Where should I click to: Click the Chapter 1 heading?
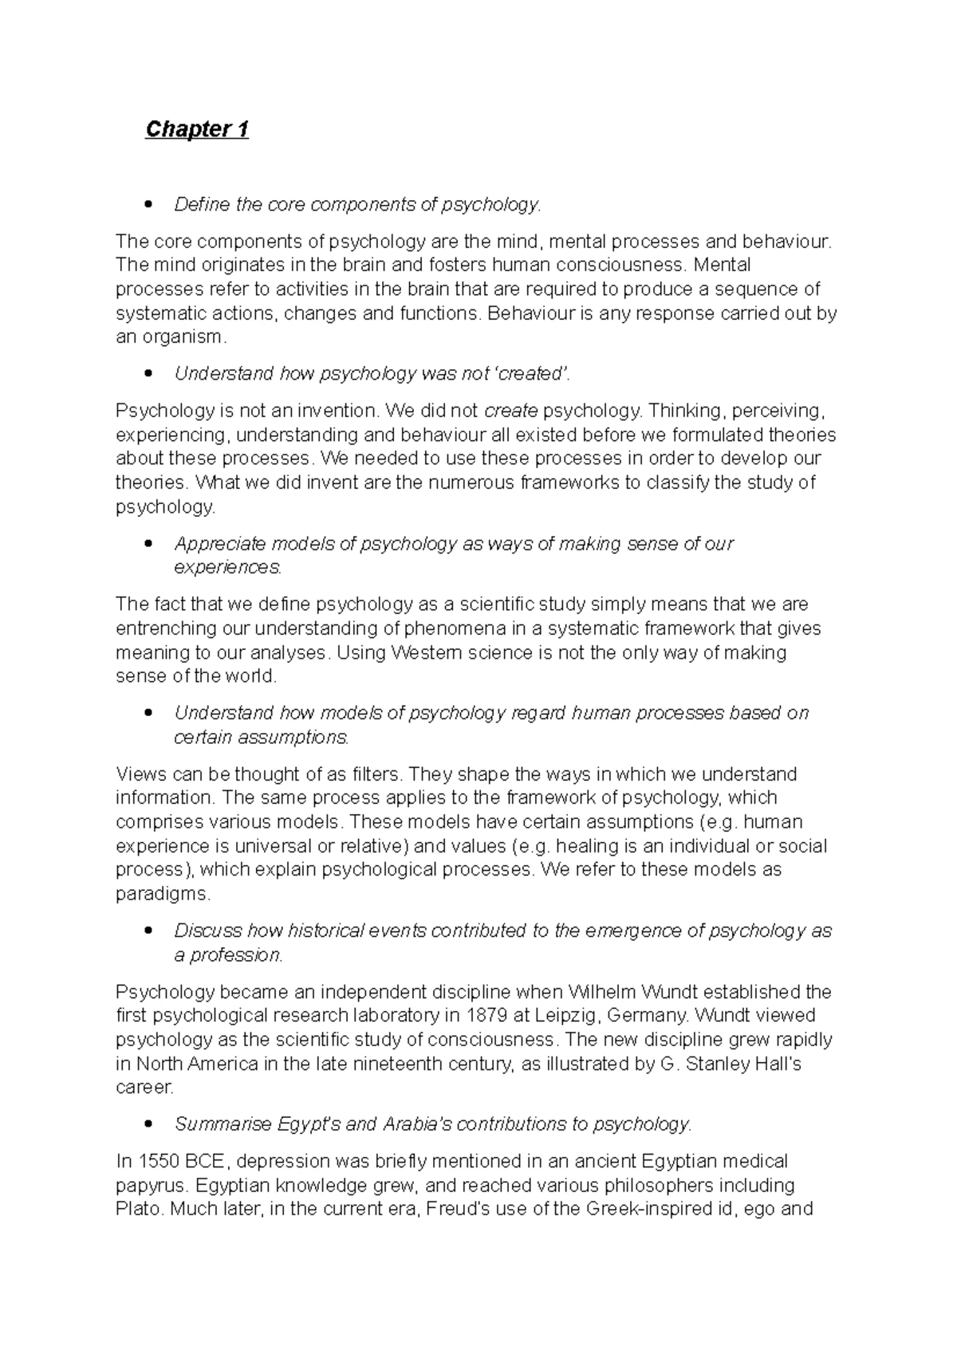pyautogui.click(x=197, y=129)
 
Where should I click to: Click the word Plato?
pyautogui.click(x=140, y=1208)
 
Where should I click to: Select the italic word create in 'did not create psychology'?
pyautogui.click(x=510, y=411)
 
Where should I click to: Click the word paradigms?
pyautogui.click(x=163, y=893)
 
